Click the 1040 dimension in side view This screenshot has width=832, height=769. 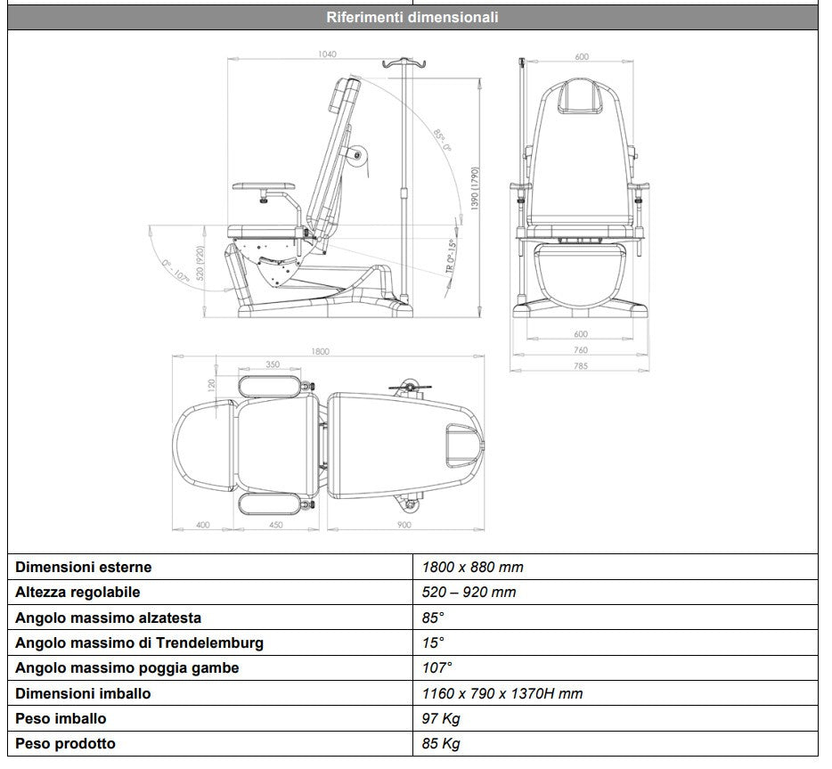[327, 55]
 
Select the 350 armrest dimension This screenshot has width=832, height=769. [273, 364]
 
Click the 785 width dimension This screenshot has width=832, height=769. [581, 365]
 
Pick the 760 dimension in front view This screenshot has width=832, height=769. [581, 350]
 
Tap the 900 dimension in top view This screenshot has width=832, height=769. [405, 525]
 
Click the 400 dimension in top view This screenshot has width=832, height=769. [203, 525]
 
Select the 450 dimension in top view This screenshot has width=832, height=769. [275, 525]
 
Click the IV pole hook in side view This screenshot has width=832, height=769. [400, 65]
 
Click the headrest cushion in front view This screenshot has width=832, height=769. [581, 95]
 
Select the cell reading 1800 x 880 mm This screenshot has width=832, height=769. [472, 567]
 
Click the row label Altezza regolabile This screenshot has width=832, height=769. [77, 592]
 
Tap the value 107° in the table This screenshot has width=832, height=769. [437, 667]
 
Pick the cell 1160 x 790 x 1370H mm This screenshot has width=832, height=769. [502, 693]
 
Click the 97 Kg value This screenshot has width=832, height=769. [441, 718]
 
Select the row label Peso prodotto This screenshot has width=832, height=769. [65, 743]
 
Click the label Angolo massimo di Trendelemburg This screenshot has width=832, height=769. [139, 642]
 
